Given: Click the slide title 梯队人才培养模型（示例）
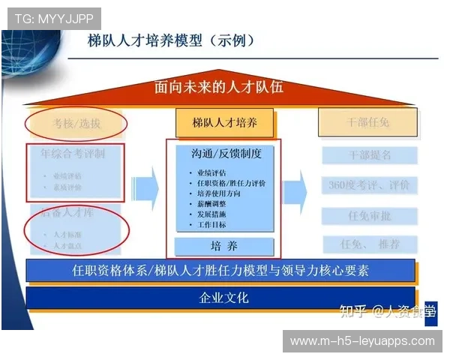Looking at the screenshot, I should click(x=171, y=40).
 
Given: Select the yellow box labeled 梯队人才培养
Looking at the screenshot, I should click(x=224, y=123).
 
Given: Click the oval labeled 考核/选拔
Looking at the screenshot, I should click(x=76, y=123).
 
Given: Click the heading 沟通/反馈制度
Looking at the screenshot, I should click(x=224, y=154).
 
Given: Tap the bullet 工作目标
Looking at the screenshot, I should click(x=211, y=225).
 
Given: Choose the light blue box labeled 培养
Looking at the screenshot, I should click(x=224, y=245).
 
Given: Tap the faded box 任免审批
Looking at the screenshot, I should click(x=370, y=217).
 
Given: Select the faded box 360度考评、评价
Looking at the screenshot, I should click(x=370, y=185).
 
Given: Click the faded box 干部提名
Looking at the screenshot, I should click(x=370, y=156).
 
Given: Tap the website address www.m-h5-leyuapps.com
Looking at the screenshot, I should click(x=362, y=341).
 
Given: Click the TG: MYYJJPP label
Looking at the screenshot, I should click(x=50, y=18).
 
